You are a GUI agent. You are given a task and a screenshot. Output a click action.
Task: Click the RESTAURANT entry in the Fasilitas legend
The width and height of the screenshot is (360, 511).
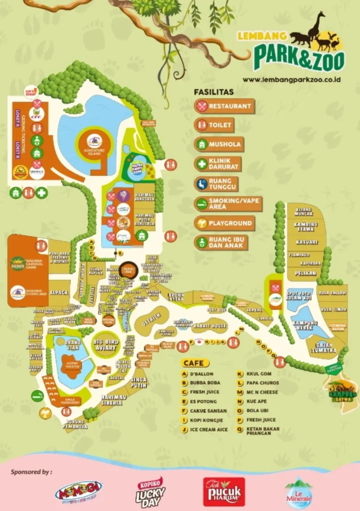pyautogui.click(x=224, y=106)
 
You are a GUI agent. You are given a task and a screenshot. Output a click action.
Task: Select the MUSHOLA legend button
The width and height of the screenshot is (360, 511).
pyautogui.click(x=219, y=144)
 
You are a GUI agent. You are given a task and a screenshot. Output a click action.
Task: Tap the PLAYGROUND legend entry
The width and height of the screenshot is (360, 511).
pyautogui.click(x=224, y=224)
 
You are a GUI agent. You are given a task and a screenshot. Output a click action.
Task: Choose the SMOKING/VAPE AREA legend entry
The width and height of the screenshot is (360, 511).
pyautogui.click(x=224, y=204)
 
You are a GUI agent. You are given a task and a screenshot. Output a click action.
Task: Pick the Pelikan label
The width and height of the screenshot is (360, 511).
pyautogui.click(x=306, y=273)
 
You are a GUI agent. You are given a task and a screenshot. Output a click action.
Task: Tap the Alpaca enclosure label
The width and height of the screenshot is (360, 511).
pyautogui.click(x=59, y=293)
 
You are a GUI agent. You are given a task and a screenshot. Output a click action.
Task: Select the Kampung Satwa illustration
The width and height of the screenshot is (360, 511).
pyautogui.click(x=342, y=392)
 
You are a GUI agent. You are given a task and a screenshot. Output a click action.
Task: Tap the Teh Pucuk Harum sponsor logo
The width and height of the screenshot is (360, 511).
pyautogui.click(x=224, y=492)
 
